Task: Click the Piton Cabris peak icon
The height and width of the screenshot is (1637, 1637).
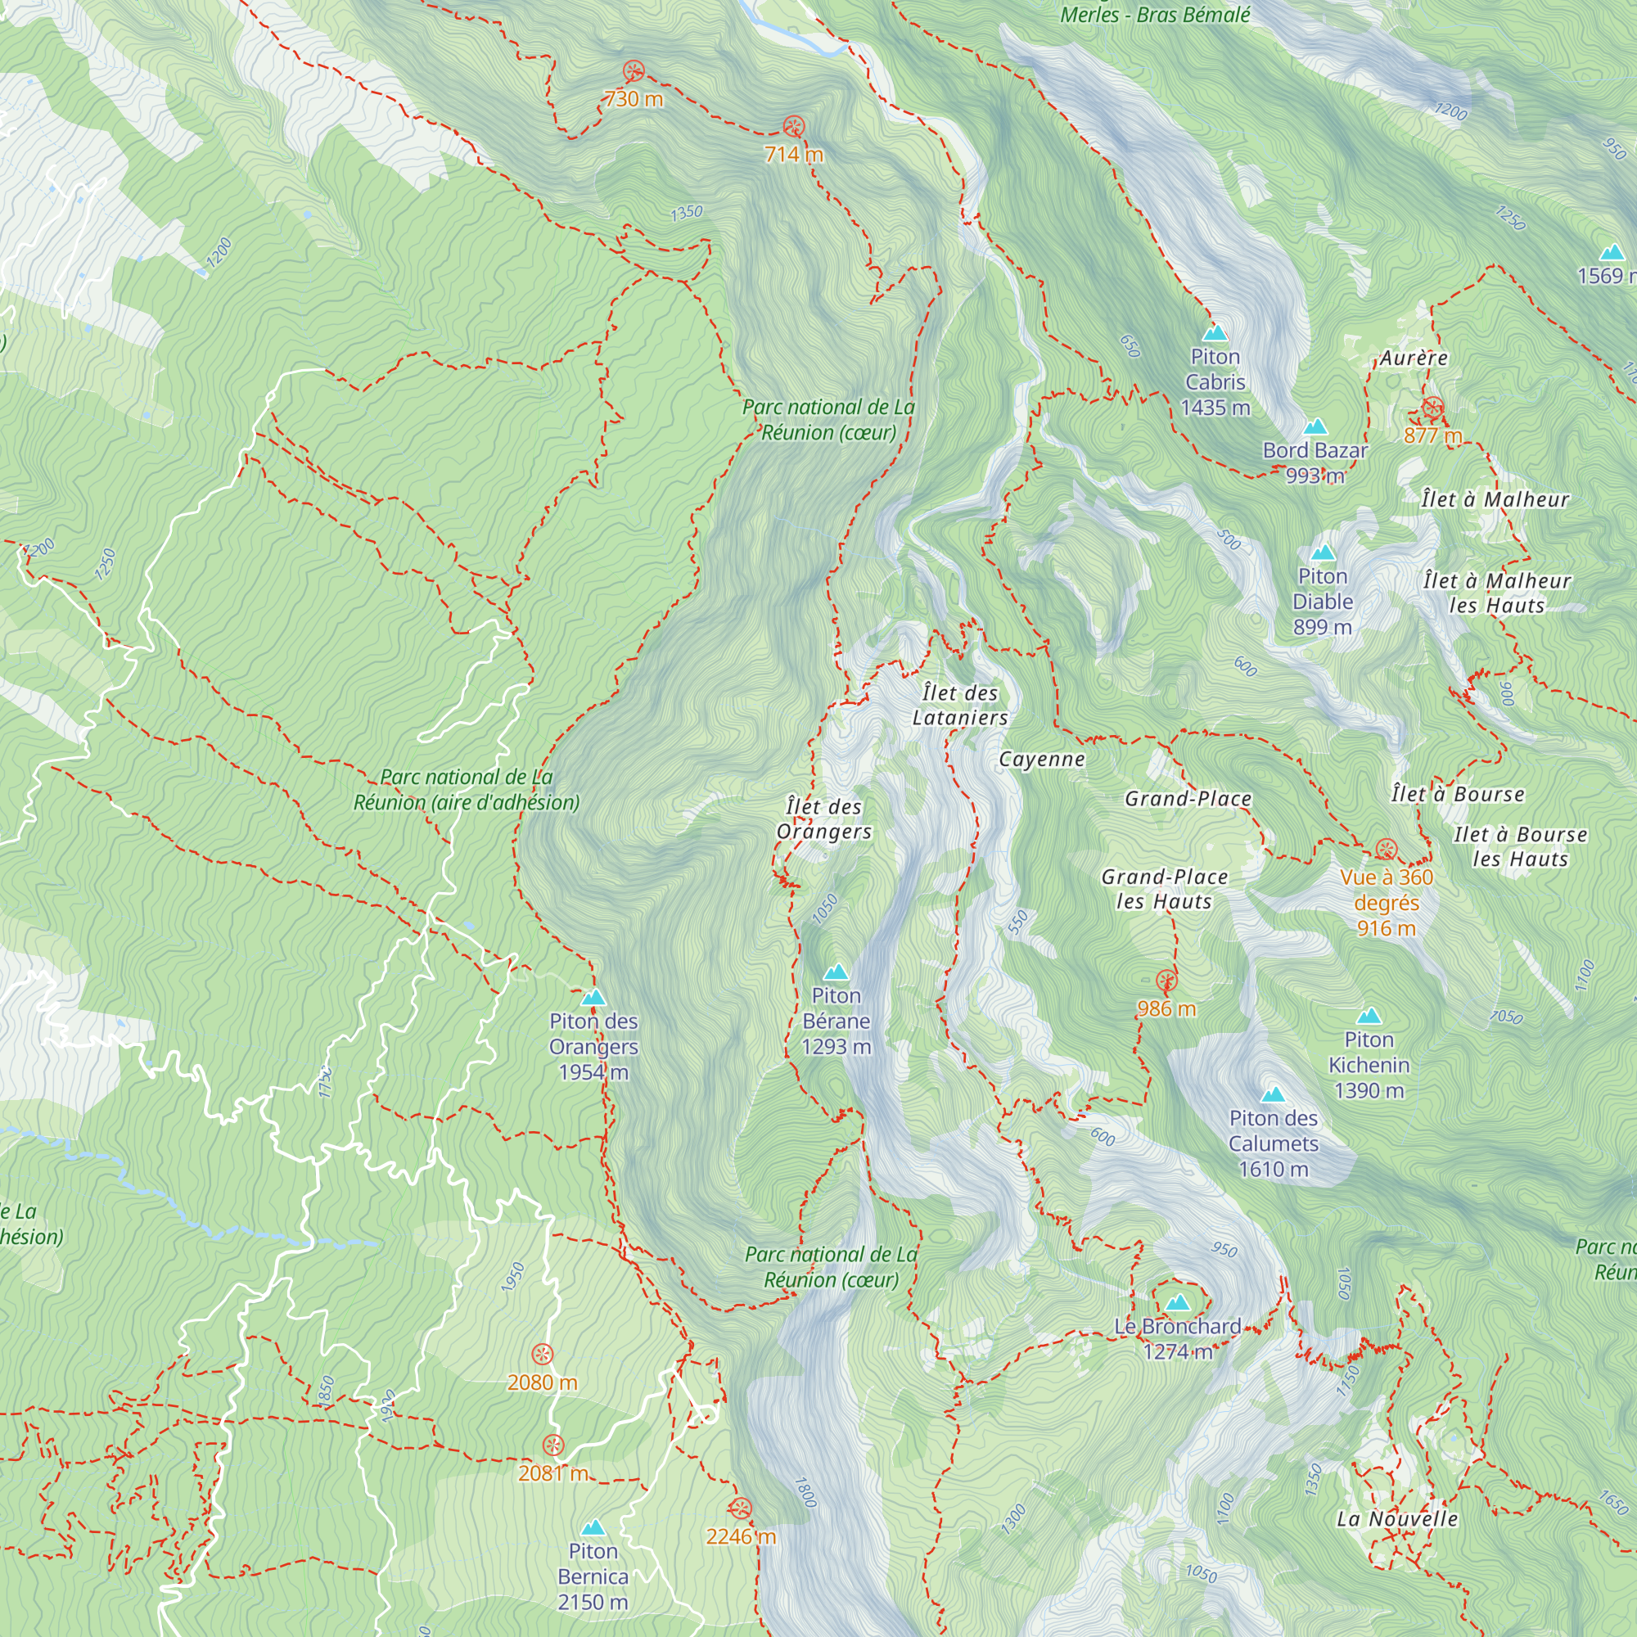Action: [1215, 333]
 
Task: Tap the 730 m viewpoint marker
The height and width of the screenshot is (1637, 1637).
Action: [633, 71]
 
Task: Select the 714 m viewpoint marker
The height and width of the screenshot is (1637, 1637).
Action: [793, 127]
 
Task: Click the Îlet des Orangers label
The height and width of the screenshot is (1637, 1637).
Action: [823, 819]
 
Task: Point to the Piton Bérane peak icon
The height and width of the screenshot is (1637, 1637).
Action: [837, 972]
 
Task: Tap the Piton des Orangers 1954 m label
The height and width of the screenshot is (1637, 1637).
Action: [593, 1046]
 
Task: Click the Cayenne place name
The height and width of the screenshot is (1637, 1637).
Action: [1041, 760]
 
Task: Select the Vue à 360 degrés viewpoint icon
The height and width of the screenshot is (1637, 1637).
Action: [1387, 849]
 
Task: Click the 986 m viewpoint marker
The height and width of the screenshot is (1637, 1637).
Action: [1166, 981]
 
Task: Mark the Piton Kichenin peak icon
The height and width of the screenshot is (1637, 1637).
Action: [1369, 1016]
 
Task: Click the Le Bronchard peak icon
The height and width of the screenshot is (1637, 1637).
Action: [1177, 1302]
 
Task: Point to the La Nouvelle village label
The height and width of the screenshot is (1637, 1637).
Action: [1397, 1519]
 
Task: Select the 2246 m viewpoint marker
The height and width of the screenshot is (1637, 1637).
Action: [740, 1508]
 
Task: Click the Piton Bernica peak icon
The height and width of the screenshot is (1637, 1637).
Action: [593, 1527]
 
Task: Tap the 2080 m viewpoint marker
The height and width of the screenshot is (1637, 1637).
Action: [543, 1354]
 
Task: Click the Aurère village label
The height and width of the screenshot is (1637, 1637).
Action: [1414, 359]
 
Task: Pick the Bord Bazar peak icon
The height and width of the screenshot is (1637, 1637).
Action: [1315, 426]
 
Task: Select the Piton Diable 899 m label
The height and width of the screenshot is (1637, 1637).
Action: [1322, 602]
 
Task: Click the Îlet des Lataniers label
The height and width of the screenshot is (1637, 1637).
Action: [960, 705]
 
